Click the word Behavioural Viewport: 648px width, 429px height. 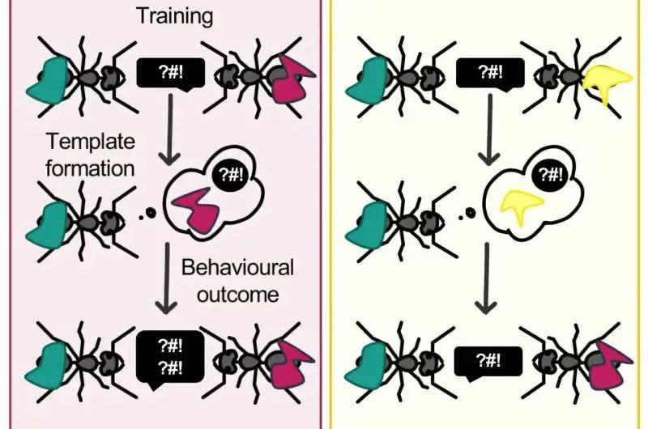click(x=237, y=268)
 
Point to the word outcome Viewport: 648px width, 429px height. click(x=237, y=292)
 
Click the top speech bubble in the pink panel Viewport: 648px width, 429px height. click(x=168, y=74)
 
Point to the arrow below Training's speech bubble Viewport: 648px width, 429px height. click(x=168, y=130)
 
